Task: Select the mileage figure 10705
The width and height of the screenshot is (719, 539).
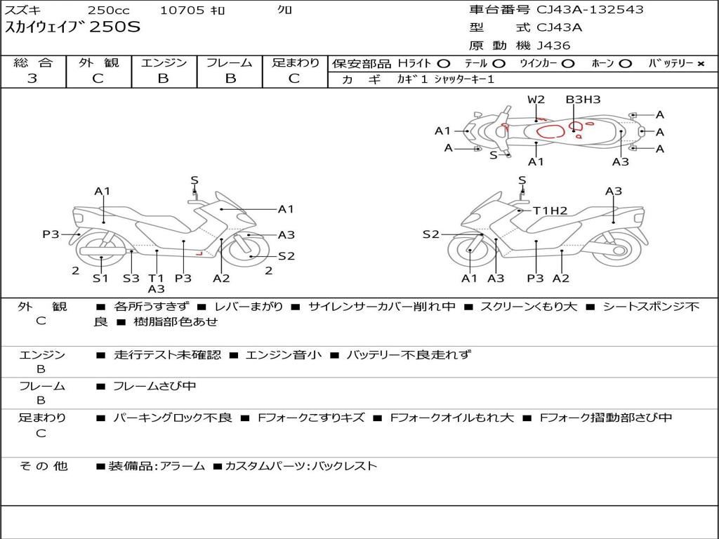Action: pyautogui.click(x=182, y=11)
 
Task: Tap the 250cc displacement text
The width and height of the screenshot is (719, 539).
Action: pyautogui.click(x=107, y=11)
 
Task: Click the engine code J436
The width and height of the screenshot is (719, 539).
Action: pyautogui.click(x=553, y=46)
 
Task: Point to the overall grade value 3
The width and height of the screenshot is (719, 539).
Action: pyautogui.click(x=32, y=79)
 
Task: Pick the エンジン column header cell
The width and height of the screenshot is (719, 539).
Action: pyautogui.click(x=164, y=63)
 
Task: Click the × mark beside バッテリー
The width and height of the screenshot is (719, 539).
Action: pyautogui.click(x=700, y=64)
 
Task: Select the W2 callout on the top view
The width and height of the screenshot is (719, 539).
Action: pyautogui.click(x=536, y=100)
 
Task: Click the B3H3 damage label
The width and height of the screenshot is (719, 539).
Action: pyautogui.click(x=583, y=100)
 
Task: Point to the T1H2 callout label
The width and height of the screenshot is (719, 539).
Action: pyautogui.click(x=550, y=210)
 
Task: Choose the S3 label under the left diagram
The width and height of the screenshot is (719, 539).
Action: pyautogui.click(x=131, y=278)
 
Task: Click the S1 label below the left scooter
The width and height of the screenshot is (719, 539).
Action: pyautogui.click(x=101, y=278)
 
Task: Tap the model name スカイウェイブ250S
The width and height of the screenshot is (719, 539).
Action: pyautogui.click(x=73, y=28)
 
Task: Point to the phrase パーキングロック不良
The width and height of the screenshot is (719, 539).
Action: pyautogui.click(x=172, y=418)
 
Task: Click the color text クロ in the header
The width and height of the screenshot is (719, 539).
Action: pyautogui.click(x=285, y=11)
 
